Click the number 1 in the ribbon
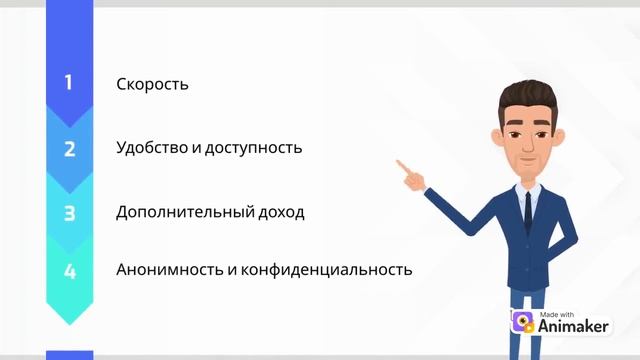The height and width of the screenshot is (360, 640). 69,83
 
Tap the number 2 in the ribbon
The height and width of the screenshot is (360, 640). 69,149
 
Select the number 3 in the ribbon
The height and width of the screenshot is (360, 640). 69,212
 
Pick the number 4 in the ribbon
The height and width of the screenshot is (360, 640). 69,271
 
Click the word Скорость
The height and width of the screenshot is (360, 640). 152,84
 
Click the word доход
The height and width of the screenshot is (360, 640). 280,212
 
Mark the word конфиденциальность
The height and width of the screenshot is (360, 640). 339,270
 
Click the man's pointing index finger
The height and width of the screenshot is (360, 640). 401,164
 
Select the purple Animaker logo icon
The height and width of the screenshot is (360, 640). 521,322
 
